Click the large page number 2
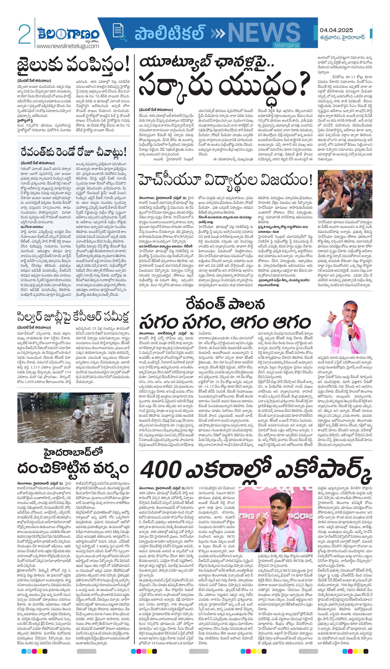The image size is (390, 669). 24,34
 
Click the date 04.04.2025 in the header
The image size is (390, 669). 336,30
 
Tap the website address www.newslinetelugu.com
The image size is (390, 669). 68,46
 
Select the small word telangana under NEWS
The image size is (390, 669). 286,45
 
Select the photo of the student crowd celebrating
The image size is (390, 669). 345,194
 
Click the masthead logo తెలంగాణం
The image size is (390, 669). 68,34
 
